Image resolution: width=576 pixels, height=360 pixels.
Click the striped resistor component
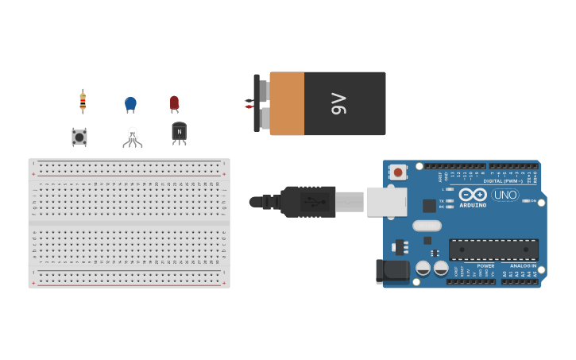pyautogui.click(x=83, y=101)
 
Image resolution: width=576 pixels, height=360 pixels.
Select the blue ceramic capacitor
pyautogui.click(x=130, y=103)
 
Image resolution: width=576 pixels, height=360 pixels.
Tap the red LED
pyautogui.click(x=174, y=103)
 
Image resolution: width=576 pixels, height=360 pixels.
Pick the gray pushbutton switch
pyautogui.click(x=79, y=137)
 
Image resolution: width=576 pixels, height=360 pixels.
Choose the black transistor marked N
pyautogui.click(x=179, y=132)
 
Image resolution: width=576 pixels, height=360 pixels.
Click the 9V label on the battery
pyautogui.click(x=338, y=103)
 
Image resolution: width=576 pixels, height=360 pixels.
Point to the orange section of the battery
pyautogui.click(x=287, y=103)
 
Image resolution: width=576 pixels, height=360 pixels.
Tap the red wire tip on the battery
pyautogui.click(x=248, y=106)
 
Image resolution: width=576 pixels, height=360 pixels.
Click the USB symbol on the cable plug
pyautogui.click(x=314, y=202)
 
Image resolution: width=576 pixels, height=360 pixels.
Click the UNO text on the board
pyautogui.click(x=505, y=195)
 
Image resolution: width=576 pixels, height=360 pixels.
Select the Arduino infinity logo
pyautogui.click(x=472, y=195)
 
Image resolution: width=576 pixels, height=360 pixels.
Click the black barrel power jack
pyautogui.click(x=390, y=271)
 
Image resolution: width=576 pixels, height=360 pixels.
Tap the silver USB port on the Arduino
pyautogui.click(x=386, y=202)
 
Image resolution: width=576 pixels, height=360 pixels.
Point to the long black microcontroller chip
pyautogui.click(x=493, y=250)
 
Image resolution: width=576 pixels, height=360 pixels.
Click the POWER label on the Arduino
pyautogui.click(x=485, y=265)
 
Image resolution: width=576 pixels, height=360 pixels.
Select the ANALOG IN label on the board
pyautogui.click(x=523, y=265)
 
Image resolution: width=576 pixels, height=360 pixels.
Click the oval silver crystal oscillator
pyautogui.click(x=427, y=225)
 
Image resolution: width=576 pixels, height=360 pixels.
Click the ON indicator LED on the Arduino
pyautogui.click(x=525, y=200)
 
